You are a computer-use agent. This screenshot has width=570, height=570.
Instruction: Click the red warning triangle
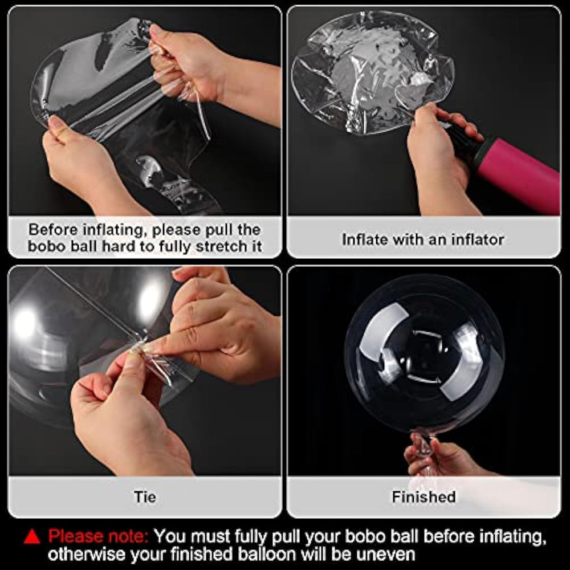coord(31,536)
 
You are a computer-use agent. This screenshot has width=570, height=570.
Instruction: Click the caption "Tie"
coord(145,496)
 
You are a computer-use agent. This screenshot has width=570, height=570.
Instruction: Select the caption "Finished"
coord(424,496)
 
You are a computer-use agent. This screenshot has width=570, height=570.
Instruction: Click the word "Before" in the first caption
coord(54,230)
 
